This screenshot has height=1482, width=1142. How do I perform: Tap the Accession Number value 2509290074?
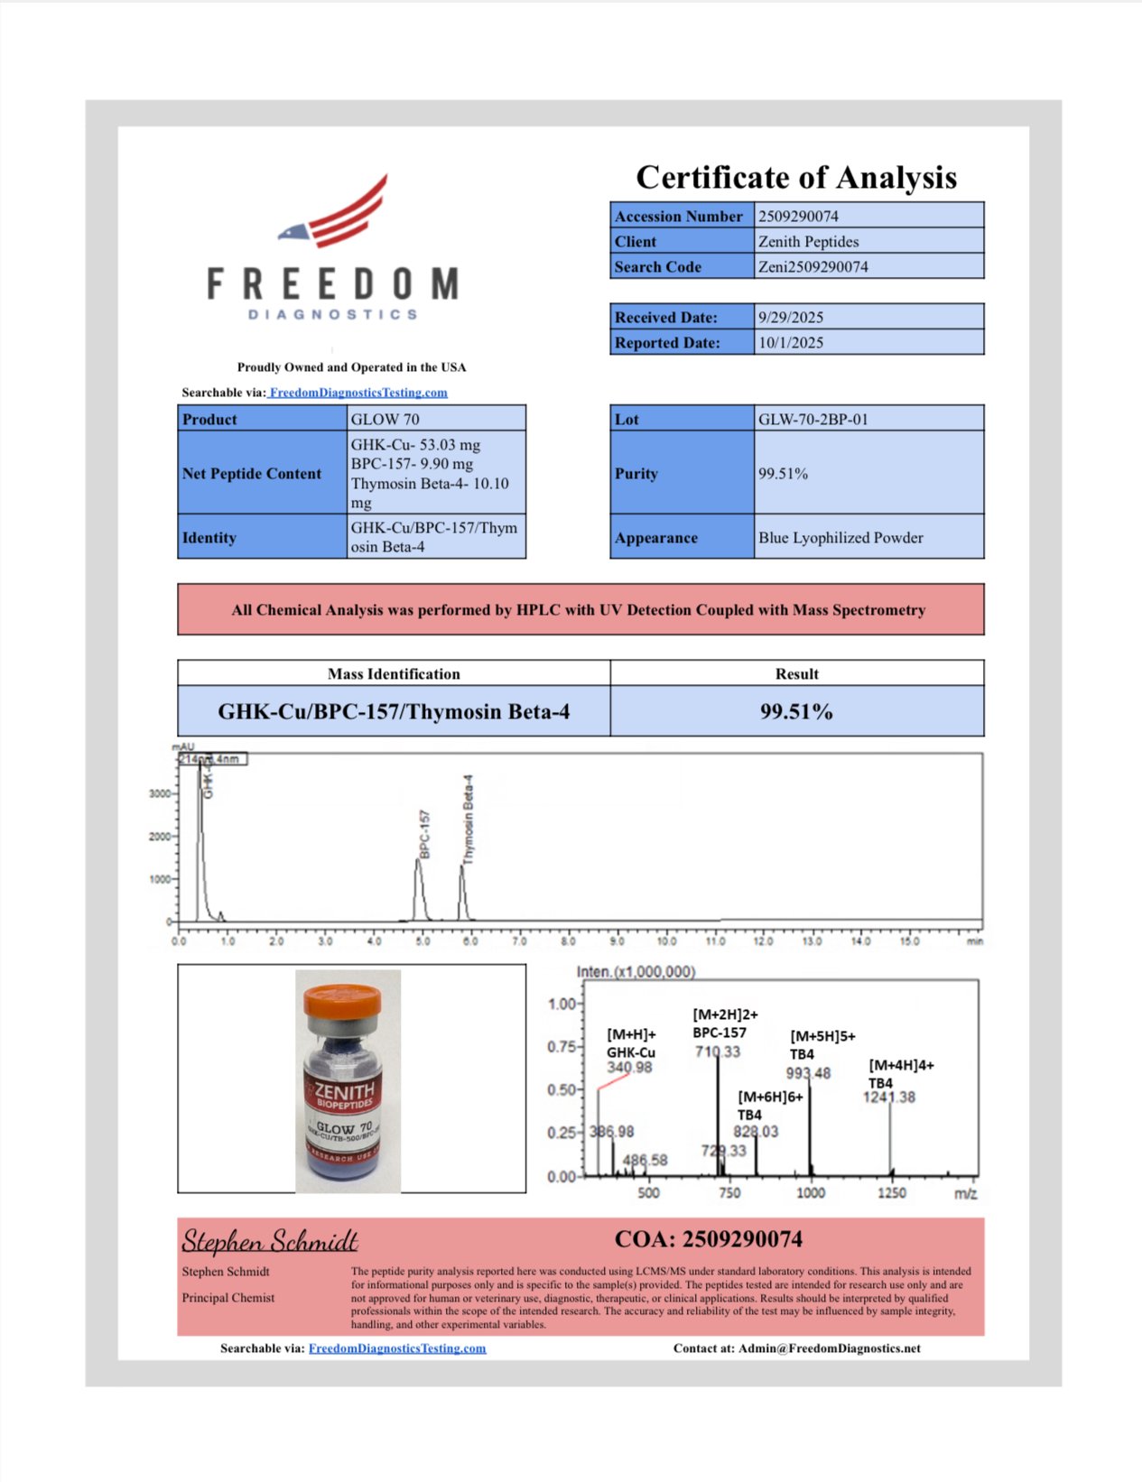[798, 216]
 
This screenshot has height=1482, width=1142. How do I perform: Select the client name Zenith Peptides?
[808, 241]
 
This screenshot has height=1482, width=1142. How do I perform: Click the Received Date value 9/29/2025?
[791, 317]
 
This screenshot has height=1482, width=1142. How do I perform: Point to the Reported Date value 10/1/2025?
[791, 342]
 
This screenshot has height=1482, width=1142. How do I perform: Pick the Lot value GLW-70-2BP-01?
[812, 419]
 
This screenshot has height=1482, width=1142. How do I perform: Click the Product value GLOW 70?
[385, 419]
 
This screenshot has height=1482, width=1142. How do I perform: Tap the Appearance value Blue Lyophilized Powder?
[840, 537]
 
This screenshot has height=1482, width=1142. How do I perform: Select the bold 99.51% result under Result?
[796, 711]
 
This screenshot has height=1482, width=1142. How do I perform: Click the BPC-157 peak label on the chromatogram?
[424, 834]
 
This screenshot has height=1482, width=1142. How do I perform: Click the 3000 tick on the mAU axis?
[159, 794]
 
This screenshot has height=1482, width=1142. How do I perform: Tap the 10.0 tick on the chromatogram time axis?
[666, 941]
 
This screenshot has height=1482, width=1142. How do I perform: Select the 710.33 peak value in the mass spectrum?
[718, 1051]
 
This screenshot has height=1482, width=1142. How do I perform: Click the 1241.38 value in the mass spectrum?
[888, 1098]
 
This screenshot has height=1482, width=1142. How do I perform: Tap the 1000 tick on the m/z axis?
[811, 1193]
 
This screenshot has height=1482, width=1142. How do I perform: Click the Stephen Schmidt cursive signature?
[270, 1241]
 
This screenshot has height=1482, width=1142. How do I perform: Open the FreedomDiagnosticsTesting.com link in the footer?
[397, 1348]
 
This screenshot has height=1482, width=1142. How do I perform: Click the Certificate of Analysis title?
[796, 177]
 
